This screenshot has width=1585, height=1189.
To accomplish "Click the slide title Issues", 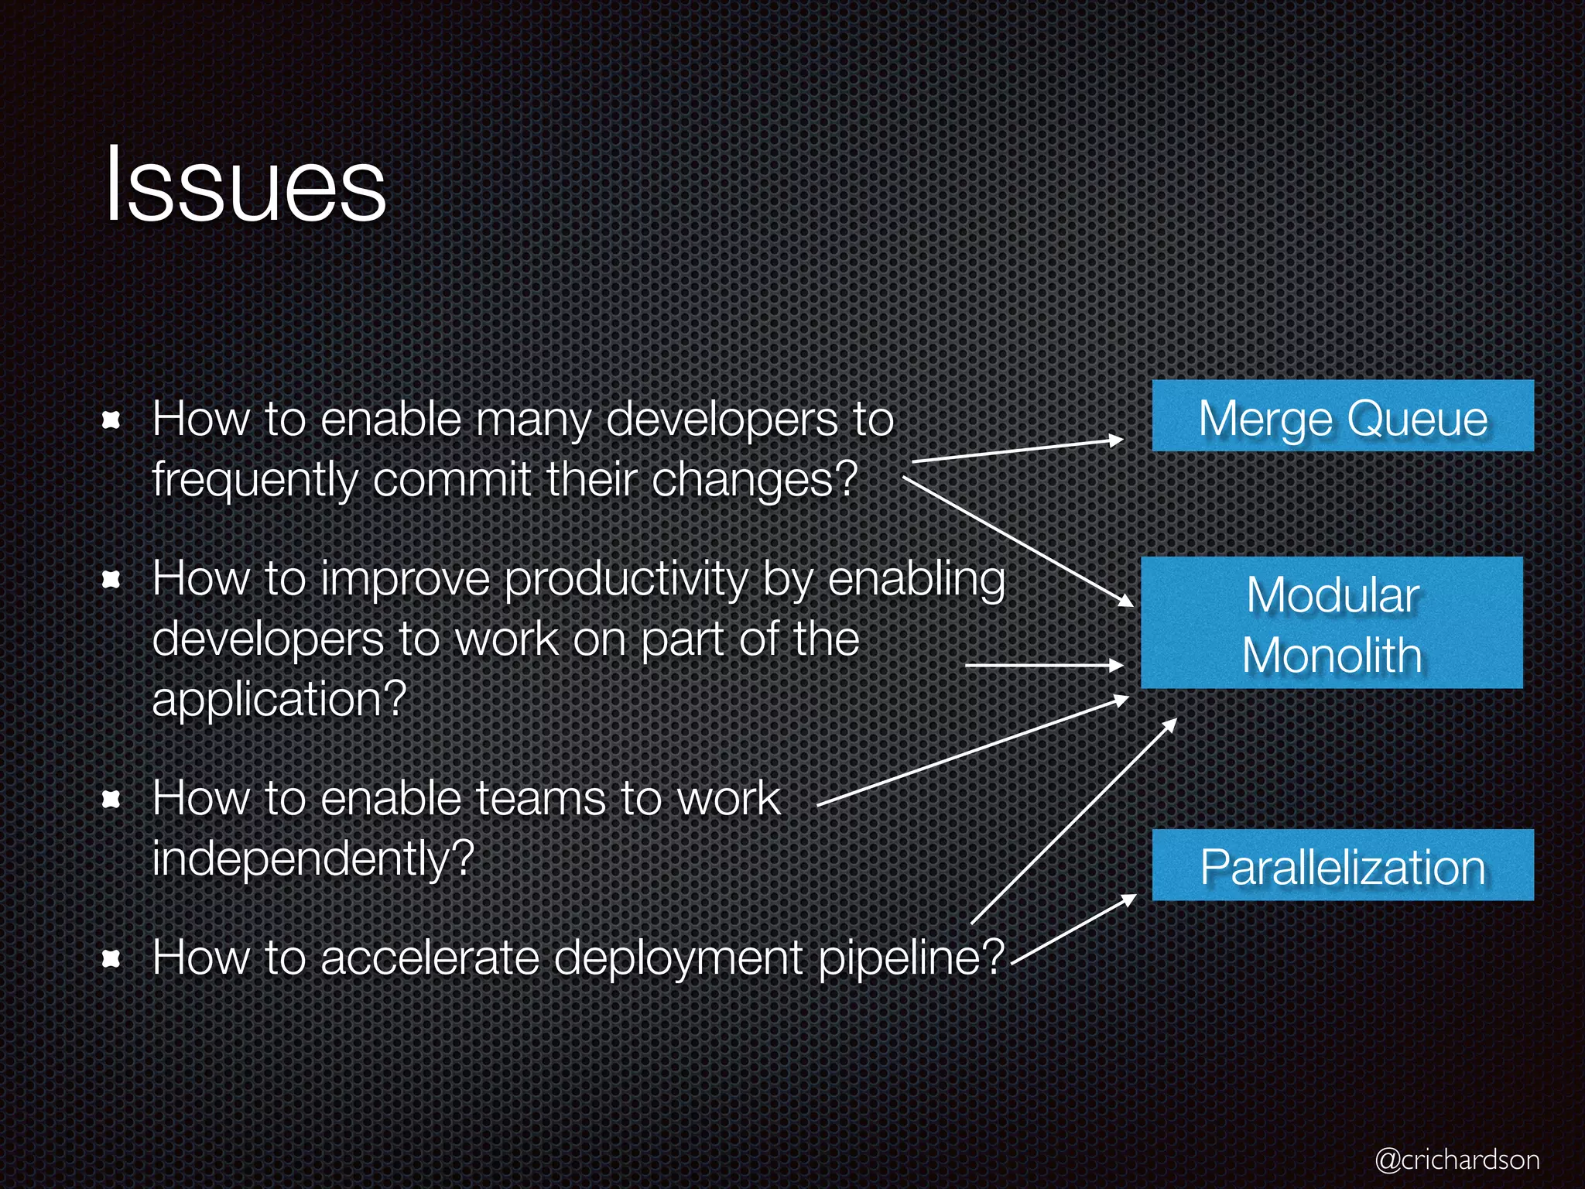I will pos(245,186).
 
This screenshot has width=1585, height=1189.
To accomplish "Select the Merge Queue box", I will pos(1343,416).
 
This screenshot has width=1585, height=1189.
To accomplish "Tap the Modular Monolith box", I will pos(1332,623).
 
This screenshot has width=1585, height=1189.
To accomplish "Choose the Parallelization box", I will pos(1343,865).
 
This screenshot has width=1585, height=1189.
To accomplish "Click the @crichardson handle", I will pos(1457,1159).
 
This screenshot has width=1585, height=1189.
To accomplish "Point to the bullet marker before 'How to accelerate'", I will pos(112,959).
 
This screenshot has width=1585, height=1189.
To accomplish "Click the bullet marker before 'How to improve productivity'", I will pos(112,579).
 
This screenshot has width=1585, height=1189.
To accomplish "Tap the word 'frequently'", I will pos(255,480).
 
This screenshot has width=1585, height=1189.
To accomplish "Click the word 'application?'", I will pos(279,700).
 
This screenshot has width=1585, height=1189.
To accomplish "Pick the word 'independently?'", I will pos(313,859).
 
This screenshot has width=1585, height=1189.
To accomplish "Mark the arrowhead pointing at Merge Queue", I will pos(1116,440).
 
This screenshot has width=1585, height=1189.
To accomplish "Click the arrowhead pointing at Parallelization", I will pos(1129,899).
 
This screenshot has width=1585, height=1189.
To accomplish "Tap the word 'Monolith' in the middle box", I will pos(1332,656).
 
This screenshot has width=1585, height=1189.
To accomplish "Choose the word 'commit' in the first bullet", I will pos(452,480).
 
